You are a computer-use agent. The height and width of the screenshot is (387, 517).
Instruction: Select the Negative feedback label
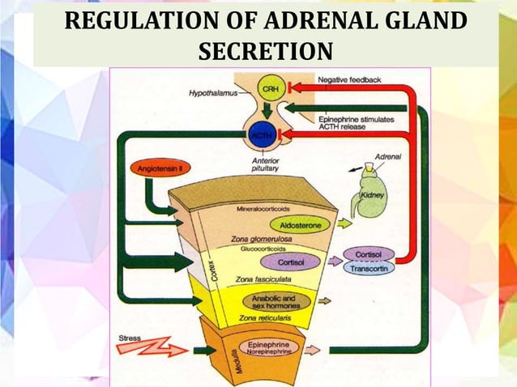349,79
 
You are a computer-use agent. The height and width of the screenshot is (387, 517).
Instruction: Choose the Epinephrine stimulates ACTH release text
356,122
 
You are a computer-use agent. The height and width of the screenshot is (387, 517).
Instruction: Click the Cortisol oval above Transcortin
369,254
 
